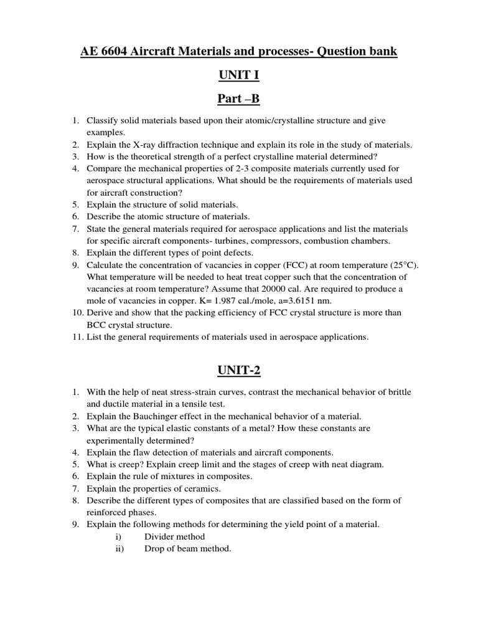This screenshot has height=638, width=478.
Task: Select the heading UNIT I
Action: coord(238,75)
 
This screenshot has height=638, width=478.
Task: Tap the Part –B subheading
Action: coord(238,99)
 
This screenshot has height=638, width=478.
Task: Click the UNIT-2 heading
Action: coord(238,371)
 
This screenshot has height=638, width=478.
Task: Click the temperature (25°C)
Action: coord(402,265)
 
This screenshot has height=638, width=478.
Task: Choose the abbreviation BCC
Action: coord(97,325)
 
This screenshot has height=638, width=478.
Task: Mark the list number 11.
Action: coord(77,338)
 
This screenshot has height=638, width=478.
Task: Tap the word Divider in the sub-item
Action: coord(160,536)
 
